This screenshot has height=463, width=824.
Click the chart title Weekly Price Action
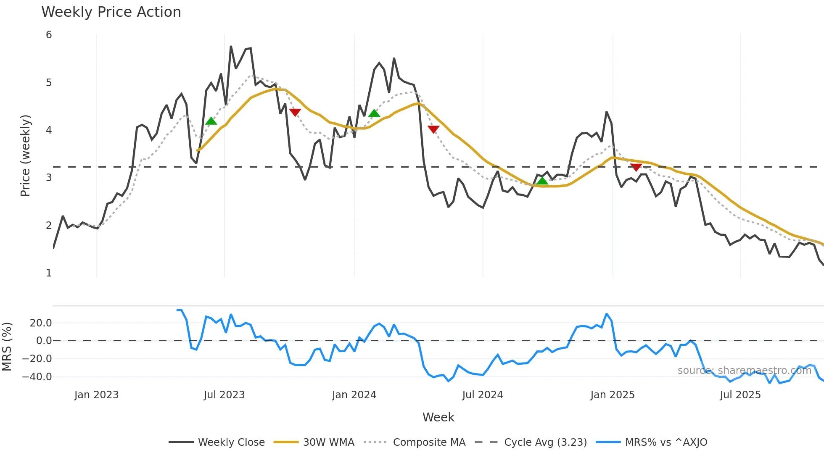tap(111, 12)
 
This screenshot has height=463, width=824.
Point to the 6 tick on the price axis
tap(49, 35)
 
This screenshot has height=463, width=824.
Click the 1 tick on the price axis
tap(49, 273)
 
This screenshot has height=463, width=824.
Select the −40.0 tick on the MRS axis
tap(37, 377)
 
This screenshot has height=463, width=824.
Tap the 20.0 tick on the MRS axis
tap(41, 323)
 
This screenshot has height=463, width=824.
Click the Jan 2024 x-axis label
tap(354, 395)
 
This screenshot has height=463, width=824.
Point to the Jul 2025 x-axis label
tap(740, 395)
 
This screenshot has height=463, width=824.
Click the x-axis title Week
tap(438, 417)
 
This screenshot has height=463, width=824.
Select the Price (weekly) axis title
tap(25, 155)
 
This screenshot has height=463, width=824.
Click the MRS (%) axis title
tap(7, 347)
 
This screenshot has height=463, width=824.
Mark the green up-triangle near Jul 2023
tap(211, 121)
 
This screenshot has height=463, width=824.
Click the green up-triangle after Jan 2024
tap(374, 113)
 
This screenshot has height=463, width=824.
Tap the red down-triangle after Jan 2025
tap(636, 167)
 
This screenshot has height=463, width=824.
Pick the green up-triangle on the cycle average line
tap(542, 181)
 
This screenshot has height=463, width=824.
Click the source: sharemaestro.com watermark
tap(744, 371)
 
